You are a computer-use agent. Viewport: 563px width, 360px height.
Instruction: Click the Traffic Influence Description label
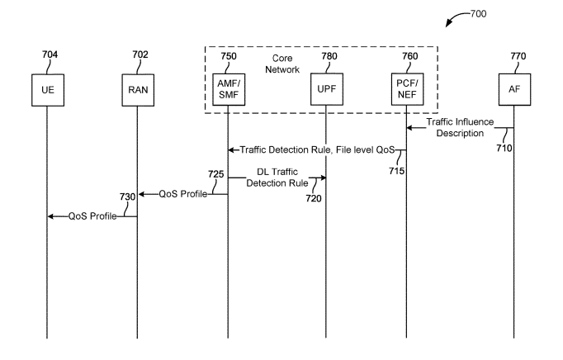(x=461, y=128)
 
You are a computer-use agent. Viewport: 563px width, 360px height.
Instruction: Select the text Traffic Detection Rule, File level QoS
(x=316, y=150)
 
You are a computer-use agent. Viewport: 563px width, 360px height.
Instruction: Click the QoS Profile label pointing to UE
(x=92, y=216)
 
